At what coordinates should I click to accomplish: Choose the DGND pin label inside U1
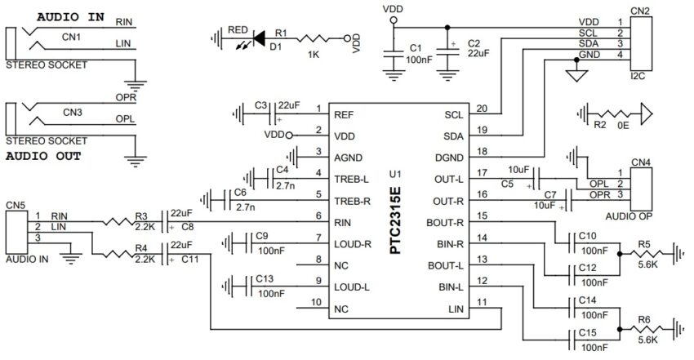(x=448, y=158)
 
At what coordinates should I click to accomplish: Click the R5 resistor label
(x=644, y=243)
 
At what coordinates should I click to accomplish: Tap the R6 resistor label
(x=644, y=319)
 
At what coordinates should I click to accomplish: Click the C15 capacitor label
(x=586, y=332)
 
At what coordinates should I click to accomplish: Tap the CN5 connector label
(x=16, y=206)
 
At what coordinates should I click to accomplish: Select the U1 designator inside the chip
(x=395, y=174)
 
